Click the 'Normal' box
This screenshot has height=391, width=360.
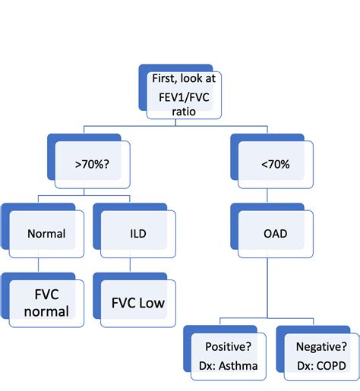coord(46,235)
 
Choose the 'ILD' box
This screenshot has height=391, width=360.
coord(137,235)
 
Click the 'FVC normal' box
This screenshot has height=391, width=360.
coord(46,302)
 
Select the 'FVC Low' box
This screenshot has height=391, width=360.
coord(137,303)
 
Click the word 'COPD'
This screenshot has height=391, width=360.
coord(331,364)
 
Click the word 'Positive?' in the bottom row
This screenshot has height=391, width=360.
coord(229,347)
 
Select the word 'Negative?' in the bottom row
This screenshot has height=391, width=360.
coord(321,347)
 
